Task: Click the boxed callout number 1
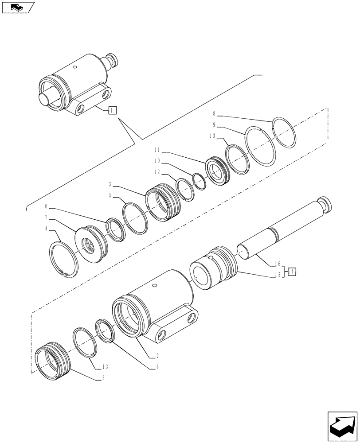[112, 110]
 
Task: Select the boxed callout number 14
[292, 271]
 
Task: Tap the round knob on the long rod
[328, 205]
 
